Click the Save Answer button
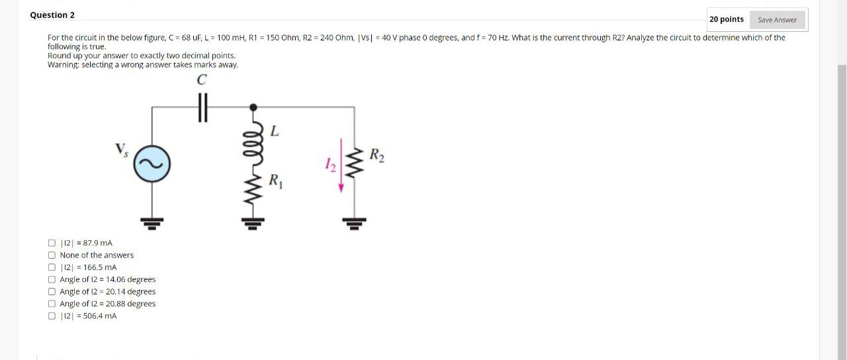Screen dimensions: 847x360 click(777, 20)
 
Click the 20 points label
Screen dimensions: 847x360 click(727, 19)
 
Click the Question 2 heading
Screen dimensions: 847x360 click(52, 15)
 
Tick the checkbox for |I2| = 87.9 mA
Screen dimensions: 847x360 click(52, 243)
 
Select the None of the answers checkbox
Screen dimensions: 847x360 click(52, 255)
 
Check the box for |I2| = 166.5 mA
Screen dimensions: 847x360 click(52, 267)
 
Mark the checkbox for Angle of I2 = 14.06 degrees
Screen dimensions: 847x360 click(52, 279)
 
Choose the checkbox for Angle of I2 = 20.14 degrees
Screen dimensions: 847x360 click(52, 291)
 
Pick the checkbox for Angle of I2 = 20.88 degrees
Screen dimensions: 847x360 click(52, 304)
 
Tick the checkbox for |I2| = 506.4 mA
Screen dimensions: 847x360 click(52, 316)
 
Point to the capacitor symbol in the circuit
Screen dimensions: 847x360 click(202, 107)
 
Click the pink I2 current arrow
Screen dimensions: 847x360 click(341, 165)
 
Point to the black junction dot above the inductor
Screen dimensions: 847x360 click(253, 107)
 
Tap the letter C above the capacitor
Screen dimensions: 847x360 click(202, 80)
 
